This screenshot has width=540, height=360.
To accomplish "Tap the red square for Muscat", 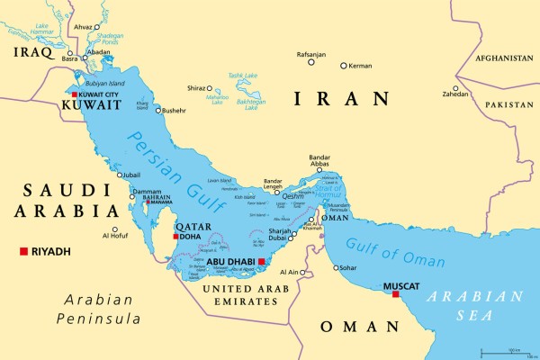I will click(x=395, y=293).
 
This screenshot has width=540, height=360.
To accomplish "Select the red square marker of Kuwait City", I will click(x=75, y=94).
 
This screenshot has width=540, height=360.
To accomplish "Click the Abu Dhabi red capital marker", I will click(x=261, y=262).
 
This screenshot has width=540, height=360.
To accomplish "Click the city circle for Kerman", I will click(x=343, y=65).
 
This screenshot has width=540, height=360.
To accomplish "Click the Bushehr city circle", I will click(x=157, y=111).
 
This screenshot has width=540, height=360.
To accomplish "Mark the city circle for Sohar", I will click(x=337, y=267).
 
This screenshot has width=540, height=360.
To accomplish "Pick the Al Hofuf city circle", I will click(x=114, y=229).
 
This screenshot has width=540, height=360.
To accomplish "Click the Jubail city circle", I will click(x=119, y=175).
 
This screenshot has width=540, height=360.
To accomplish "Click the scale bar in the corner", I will click(x=514, y=352).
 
